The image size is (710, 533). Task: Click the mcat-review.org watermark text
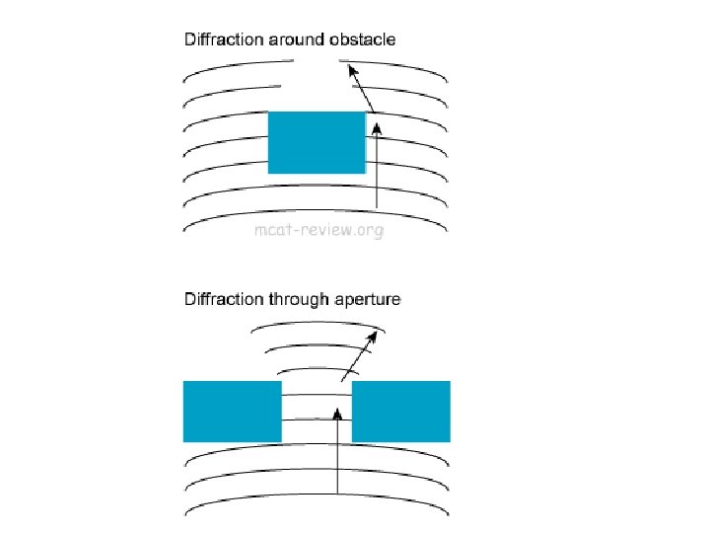[x=318, y=232]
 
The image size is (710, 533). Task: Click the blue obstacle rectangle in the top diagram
[x=317, y=143]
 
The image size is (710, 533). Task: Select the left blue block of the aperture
[x=233, y=411]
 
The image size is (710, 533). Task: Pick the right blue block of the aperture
[x=401, y=411]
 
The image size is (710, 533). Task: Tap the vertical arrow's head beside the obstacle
[x=376, y=126]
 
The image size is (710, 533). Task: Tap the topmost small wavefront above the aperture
[x=316, y=328]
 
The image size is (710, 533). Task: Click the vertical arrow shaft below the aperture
[x=338, y=464]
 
